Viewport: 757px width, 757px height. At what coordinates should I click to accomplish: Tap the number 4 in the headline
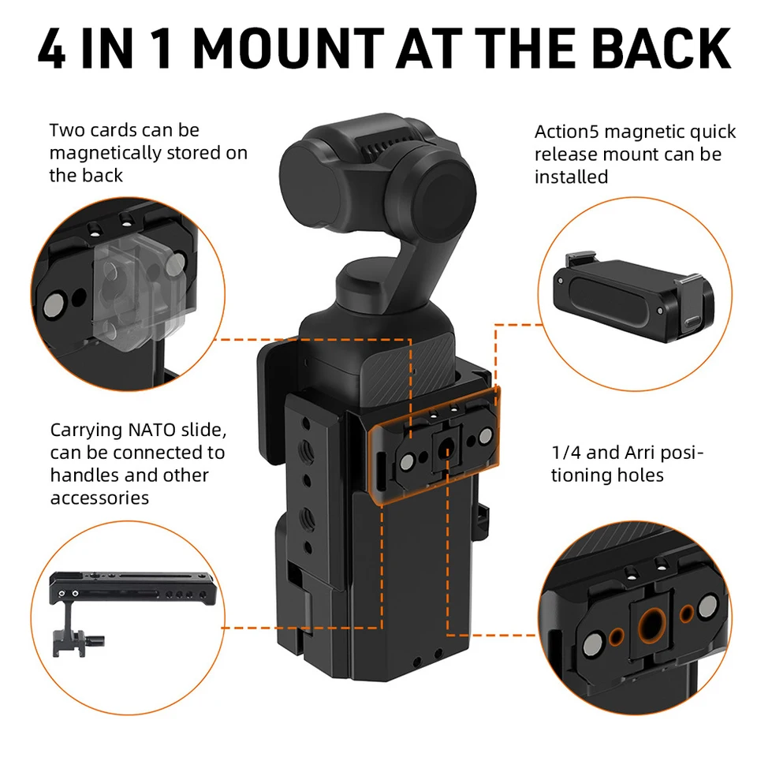(x=51, y=48)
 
